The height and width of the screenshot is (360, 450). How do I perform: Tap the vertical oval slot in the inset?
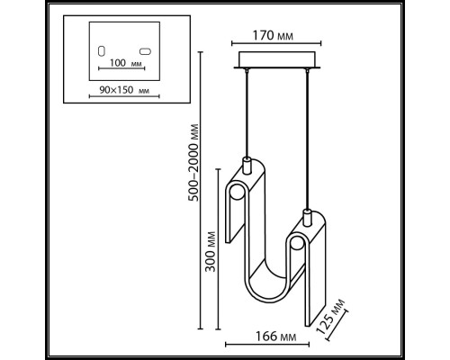tap(101, 49)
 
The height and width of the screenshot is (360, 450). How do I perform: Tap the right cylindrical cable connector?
tap(307, 218)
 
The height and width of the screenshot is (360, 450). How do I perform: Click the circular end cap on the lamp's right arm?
tap(295, 246)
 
